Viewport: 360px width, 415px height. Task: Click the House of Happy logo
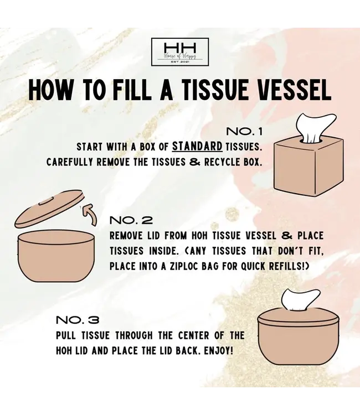(x=180, y=52)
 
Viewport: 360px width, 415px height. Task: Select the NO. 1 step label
(x=244, y=132)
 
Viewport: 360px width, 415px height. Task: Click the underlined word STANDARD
(x=197, y=147)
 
